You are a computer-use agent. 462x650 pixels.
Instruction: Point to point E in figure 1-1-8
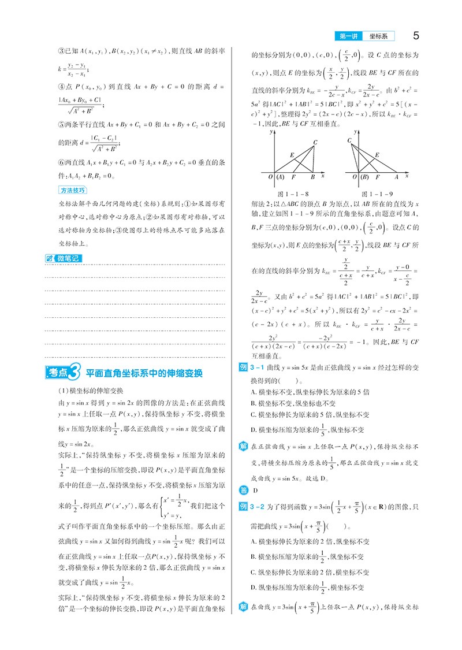pyautogui.click(x=292, y=154)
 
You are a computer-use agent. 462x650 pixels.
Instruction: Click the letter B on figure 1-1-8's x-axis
pyautogui.click(x=312, y=176)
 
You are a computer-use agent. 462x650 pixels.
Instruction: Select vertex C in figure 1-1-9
pyautogui.click(x=350, y=140)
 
